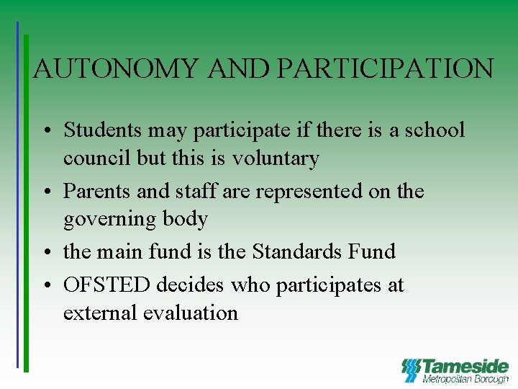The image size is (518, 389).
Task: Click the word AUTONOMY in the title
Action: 115,69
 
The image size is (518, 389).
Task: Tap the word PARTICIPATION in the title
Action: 385,69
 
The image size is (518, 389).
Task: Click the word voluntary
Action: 276,158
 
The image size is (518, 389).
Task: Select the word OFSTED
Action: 107,285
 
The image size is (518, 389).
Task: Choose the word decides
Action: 190,285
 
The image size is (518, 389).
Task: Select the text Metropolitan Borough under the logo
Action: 465,379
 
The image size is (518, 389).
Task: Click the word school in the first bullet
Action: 435,130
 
